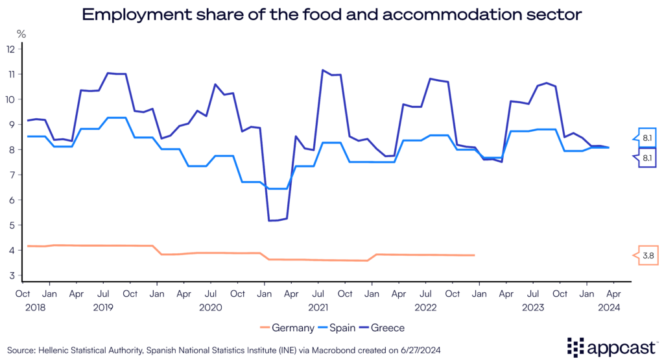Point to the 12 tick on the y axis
coord(10,49)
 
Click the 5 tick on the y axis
coord(10,225)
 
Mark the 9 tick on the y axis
coord(10,125)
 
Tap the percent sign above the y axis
coord(21,33)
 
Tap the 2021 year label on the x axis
coord(317,308)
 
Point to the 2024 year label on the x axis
coord(611,308)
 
